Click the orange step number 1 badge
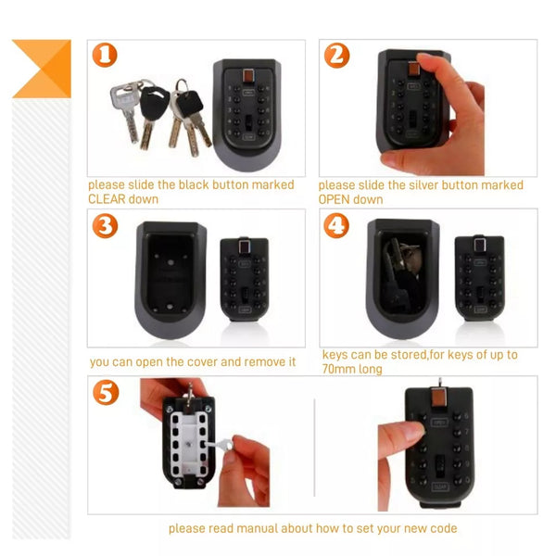(x=105, y=55)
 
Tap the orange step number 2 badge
(x=337, y=56)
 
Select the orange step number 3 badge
(x=105, y=226)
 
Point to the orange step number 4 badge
(x=336, y=226)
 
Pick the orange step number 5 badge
(x=106, y=393)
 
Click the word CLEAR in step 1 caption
(x=106, y=199)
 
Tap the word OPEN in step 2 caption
(x=334, y=199)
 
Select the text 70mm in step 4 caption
(x=338, y=369)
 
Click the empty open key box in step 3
(x=171, y=280)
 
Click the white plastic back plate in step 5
(x=189, y=444)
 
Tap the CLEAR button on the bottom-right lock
(x=440, y=486)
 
